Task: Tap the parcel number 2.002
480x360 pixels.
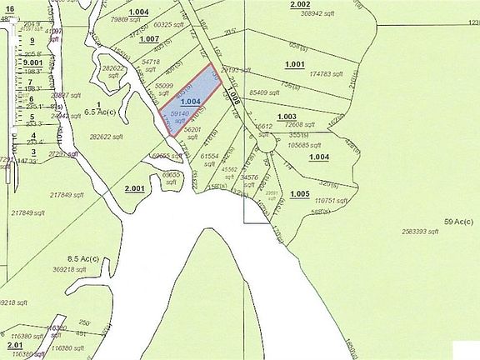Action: pos(300,5)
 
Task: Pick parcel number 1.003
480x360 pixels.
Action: pos(287,116)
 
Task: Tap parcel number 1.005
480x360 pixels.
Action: pos(301,193)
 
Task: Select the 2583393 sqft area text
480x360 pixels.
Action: pos(419,232)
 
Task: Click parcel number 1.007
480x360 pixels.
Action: pos(149,39)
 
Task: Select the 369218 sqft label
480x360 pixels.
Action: pos(69,269)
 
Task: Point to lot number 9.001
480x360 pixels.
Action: pos(32,62)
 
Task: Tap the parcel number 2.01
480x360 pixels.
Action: pos(14,344)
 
